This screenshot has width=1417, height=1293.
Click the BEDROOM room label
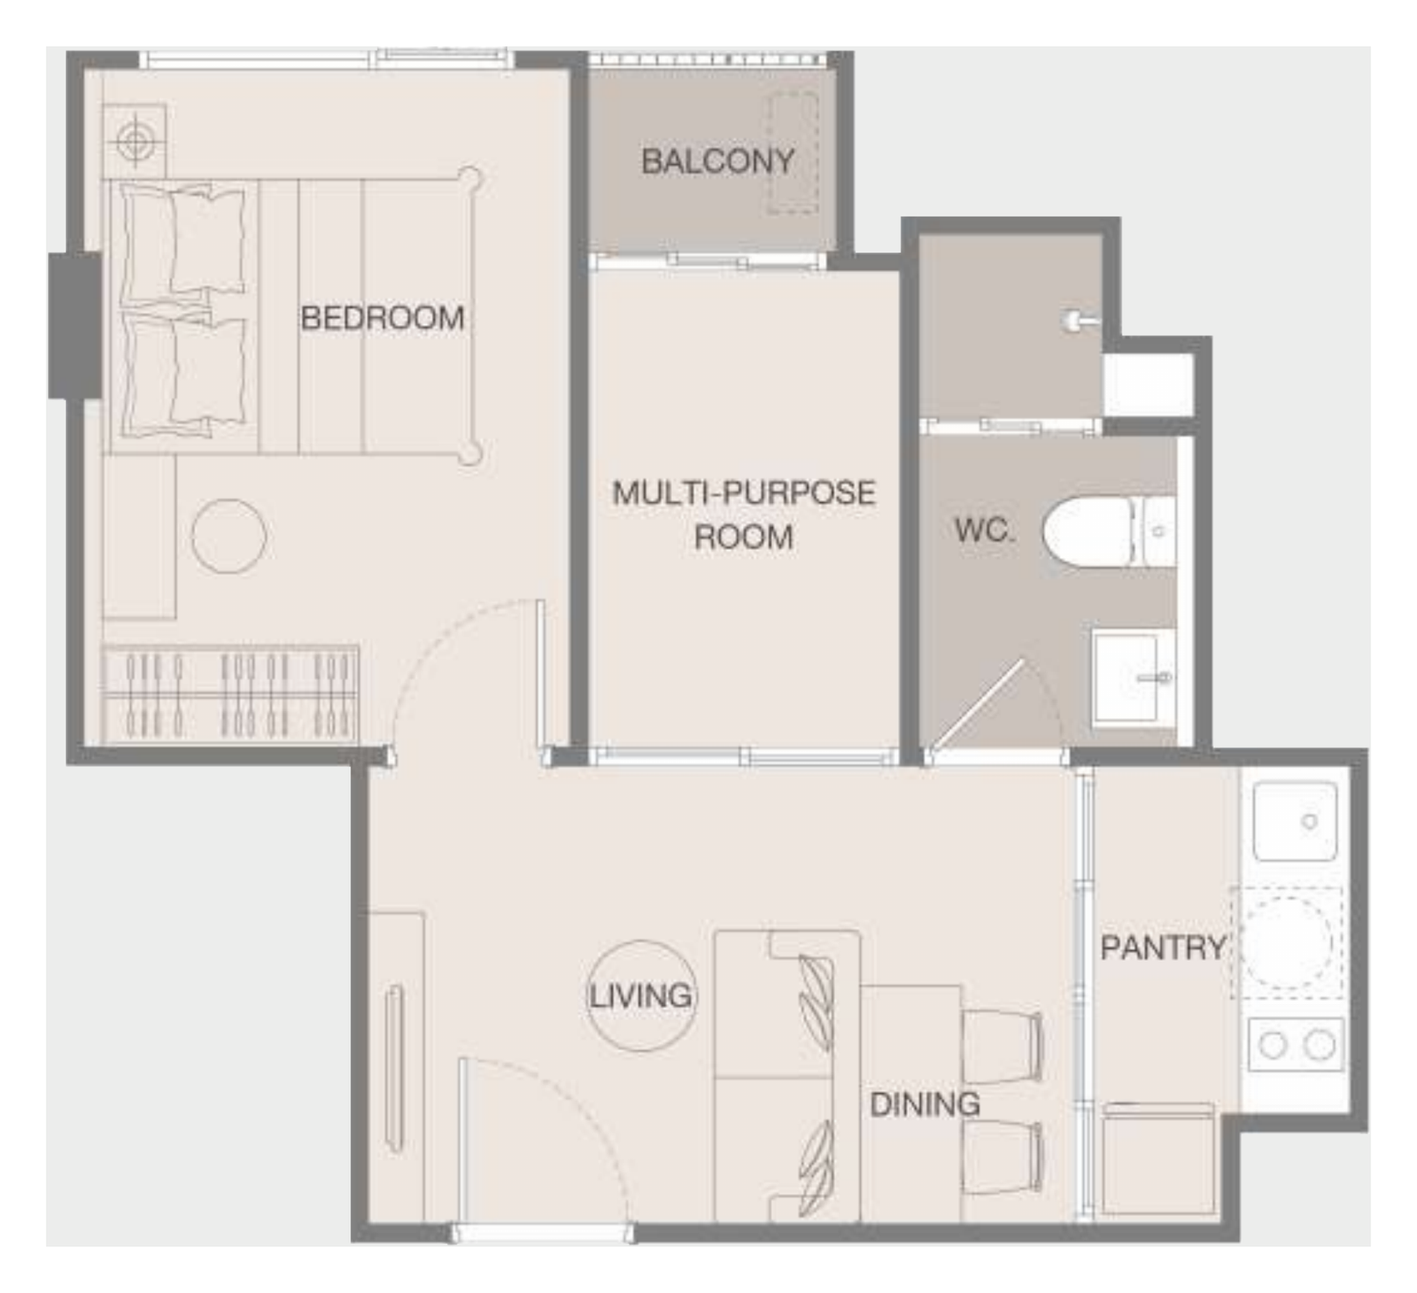coord(383,318)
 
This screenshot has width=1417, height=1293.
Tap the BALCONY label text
coord(717,161)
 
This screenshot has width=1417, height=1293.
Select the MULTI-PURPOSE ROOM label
coord(744,515)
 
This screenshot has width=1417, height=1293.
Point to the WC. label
coord(983,530)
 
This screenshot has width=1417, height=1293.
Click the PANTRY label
coord(1163,948)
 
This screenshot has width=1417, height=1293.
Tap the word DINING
coord(925,1104)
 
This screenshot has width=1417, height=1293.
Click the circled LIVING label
coord(640,995)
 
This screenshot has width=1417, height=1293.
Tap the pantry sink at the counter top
coord(1295,821)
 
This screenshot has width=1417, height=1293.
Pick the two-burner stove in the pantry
coord(1296,1045)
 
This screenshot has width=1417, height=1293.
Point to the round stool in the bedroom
coord(228,536)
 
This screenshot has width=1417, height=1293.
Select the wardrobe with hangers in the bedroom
coord(230,694)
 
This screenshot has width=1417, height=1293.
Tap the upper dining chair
coord(1003,1046)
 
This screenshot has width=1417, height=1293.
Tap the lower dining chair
coord(1003,1157)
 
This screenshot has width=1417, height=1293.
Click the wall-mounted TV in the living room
coord(395,1068)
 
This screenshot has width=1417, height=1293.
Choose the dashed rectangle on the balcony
coord(793,152)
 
